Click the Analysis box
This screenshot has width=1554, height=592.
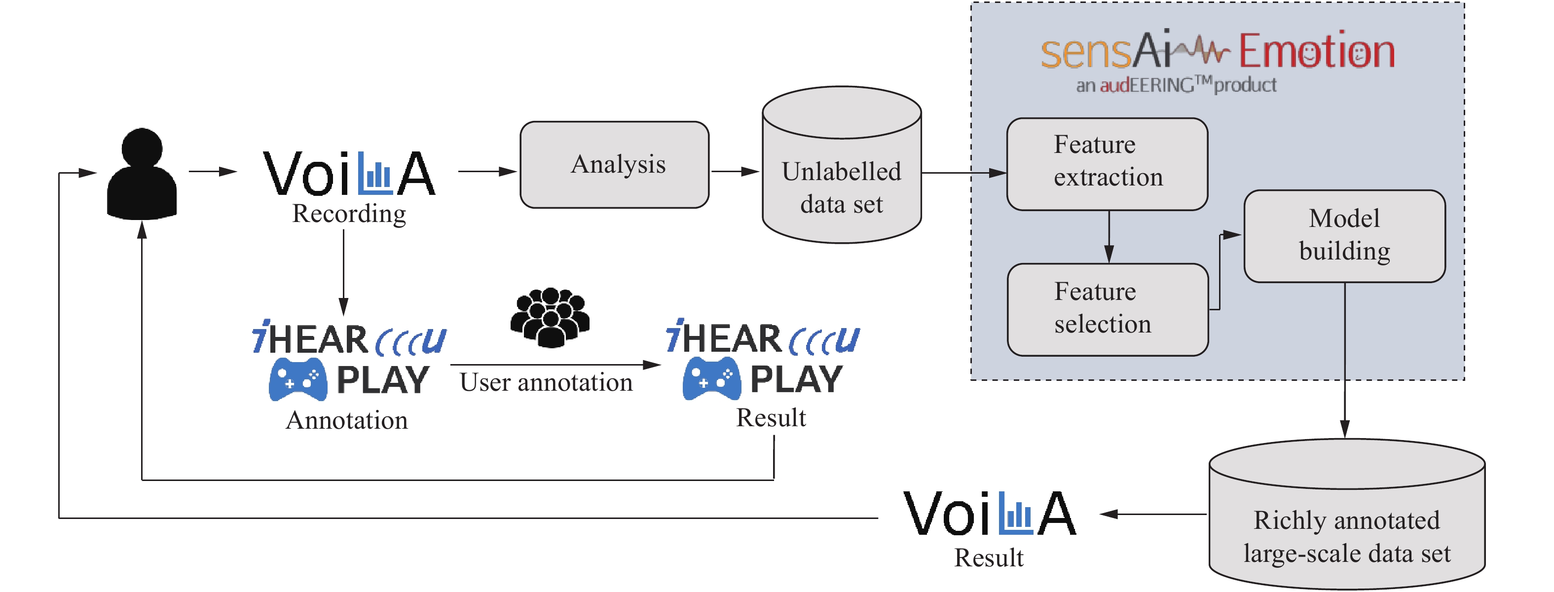614,164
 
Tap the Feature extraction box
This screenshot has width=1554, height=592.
1107,163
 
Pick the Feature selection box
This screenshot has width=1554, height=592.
1108,309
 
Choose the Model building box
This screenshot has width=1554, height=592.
1344,235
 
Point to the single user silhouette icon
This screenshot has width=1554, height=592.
142,175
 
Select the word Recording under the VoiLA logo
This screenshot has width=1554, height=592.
349,214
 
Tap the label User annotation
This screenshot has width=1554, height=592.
546,382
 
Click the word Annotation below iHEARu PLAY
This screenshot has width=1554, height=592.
347,420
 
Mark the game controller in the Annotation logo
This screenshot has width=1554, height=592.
298,379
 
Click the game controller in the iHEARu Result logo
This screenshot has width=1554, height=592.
712,378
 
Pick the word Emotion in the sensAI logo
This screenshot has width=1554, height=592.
1316,51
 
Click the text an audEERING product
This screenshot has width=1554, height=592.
1177,85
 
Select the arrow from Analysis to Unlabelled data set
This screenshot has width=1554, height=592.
734,171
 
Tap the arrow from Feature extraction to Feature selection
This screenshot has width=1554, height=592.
1109,237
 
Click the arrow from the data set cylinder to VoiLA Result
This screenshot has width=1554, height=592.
1152,514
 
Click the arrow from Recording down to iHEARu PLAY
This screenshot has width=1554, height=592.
343,271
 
